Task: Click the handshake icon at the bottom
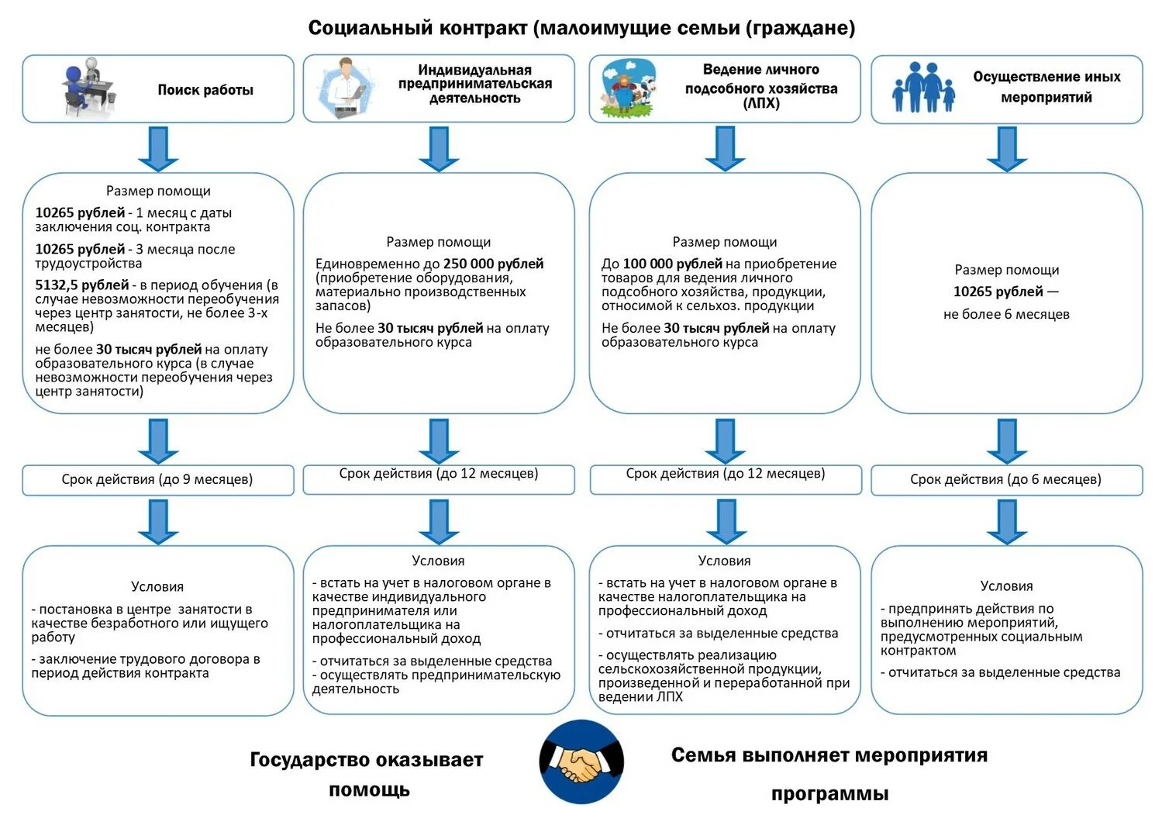(581, 762)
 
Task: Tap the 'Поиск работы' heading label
(205, 90)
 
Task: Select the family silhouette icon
(923, 88)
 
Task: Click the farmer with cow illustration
(629, 88)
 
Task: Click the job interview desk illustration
(89, 87)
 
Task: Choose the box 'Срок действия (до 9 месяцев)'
(157, 479)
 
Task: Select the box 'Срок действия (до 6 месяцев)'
(1005, 479)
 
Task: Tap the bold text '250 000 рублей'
(493, 264)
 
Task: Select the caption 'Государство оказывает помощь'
(367, 774)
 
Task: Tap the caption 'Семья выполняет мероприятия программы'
(829, 773)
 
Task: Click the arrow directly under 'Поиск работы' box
(158, 148)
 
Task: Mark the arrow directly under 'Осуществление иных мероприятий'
(1006, 148)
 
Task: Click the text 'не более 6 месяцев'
(1006, 314)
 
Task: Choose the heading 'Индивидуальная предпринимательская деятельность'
(474, 84)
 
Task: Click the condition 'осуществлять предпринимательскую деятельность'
(436, 682)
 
